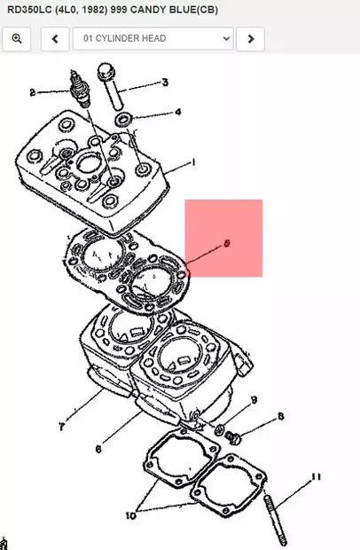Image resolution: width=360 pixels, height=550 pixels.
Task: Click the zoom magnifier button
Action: tap(16, 39)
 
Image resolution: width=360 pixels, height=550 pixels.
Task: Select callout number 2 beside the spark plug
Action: tap(33, 92)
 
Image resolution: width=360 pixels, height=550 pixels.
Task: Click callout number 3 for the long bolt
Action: tap(164, 84)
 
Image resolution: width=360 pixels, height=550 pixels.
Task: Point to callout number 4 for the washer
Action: tap(177, 113)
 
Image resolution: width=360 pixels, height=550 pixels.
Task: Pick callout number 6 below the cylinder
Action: tap(99, 449)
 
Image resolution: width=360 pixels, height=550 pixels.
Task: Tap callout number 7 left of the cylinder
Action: tap(62, 428)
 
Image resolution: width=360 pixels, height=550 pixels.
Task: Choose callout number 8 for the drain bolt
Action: tap(281, 416)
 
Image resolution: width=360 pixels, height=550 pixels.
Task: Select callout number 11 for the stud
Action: tap(315, 478)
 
